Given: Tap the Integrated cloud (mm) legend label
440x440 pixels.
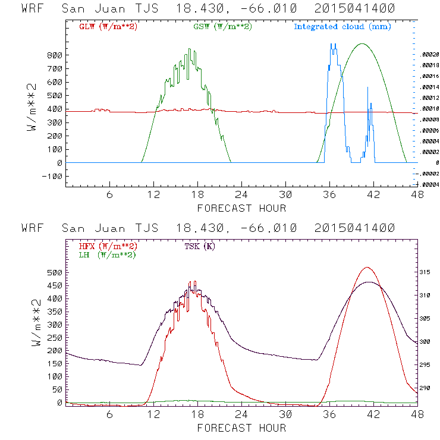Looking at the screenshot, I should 342,27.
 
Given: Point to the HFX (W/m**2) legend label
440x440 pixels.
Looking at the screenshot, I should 108,246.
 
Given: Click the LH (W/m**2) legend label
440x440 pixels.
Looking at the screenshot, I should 108,254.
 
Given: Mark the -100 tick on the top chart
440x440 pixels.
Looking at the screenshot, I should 54,177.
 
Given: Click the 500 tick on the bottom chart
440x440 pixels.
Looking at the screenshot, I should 55,272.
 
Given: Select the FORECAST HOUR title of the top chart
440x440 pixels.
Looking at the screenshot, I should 241,208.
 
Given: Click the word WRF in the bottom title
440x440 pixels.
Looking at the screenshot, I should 33,228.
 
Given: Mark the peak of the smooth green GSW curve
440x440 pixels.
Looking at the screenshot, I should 362,43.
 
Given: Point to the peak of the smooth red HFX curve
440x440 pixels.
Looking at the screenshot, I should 367,267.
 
